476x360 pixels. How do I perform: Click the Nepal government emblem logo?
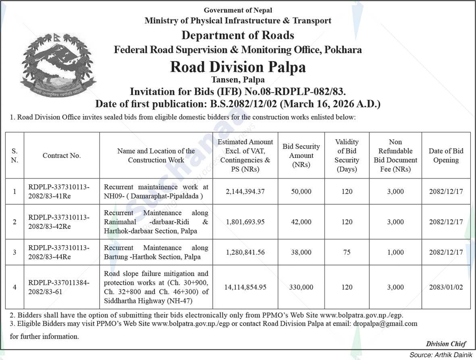(58, 64)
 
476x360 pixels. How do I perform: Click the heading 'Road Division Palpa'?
(238, 66)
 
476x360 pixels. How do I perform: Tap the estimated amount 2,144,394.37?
(245, 192)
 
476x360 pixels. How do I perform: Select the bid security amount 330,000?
(301, 287)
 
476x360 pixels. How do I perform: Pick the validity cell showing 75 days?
(347, 252)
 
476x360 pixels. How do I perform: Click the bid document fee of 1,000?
(395, 252)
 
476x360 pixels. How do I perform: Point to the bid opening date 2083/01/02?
(446, 287)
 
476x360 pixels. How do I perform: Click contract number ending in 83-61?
(59, 287)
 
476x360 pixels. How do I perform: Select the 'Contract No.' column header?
(62, 155)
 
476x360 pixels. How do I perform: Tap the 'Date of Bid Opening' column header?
(446, 155)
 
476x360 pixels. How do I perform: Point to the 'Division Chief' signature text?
(446, 343)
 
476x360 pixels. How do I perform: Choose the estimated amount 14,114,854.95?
(245, 287)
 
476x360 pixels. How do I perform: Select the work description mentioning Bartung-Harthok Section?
(156, 252)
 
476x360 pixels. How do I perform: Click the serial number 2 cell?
(15, 222)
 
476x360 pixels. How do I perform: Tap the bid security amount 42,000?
(301, 222)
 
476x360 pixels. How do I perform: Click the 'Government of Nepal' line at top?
(238, 10)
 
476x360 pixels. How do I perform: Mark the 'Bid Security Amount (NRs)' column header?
(301, 155)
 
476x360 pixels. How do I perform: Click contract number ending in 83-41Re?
(59, 192)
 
